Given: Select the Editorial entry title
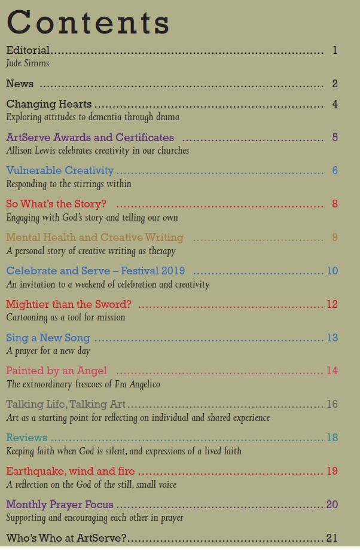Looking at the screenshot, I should point(28,50).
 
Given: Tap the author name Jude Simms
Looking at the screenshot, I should point(28,63).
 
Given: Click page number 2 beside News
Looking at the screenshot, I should point(335,84).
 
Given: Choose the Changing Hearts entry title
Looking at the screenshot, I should point(49,104).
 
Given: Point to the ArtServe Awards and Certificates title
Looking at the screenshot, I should point(90,137).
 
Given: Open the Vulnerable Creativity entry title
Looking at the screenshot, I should point(60,171).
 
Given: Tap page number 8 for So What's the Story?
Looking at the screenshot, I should point(335,204).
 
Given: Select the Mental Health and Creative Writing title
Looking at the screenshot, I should point(94,237).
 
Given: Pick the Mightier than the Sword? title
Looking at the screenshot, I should point(69,304).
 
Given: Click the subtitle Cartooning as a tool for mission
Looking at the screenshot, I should point(66,317).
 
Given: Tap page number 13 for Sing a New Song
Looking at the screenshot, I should point(332,338).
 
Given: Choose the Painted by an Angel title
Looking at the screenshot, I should point(57,371).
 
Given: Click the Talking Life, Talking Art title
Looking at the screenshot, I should point(66,404).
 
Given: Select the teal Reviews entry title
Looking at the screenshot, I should point(26,438).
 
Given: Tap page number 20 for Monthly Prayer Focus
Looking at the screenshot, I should point(332,505).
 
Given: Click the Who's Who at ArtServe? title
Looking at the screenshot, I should point(66,538).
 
